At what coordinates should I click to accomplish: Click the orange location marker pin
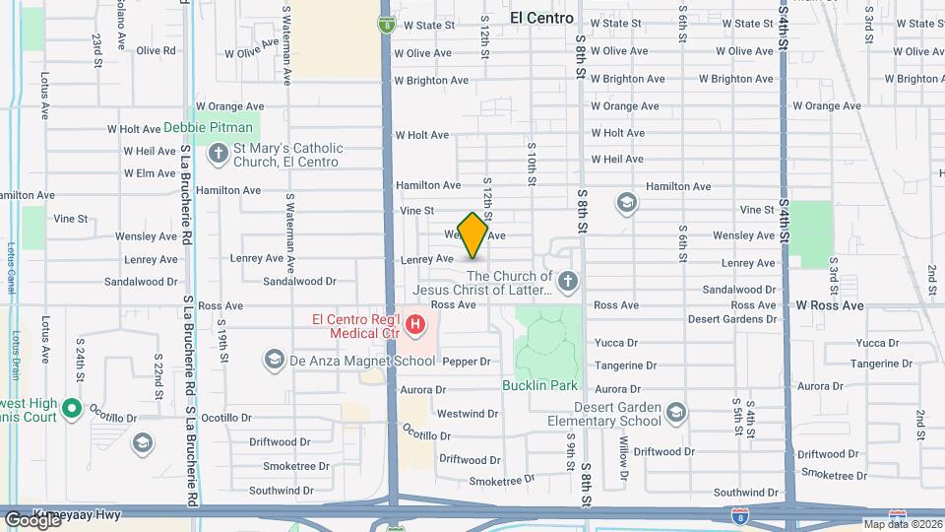472,234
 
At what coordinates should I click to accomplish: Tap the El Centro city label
541,18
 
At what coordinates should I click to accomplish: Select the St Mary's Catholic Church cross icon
218,153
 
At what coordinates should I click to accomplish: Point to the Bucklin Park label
539,385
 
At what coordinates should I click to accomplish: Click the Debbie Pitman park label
208,127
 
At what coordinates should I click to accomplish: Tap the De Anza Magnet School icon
275,360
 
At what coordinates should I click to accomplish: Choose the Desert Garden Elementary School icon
675,412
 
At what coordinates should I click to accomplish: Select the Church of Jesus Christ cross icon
566,284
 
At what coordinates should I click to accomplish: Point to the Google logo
31,519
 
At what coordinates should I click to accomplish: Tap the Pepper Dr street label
466,362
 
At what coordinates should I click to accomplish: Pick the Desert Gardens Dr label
732,319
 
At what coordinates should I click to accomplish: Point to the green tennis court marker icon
71,407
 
